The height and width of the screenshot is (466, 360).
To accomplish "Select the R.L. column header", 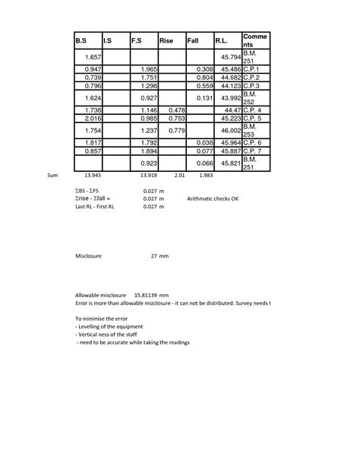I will [223, 41].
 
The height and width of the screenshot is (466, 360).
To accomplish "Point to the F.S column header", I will [137, 41].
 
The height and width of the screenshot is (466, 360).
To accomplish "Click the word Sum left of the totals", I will [52, 175].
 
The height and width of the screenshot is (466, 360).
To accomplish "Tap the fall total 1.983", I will [205, 175].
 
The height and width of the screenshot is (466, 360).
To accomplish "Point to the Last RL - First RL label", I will [94, 206].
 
